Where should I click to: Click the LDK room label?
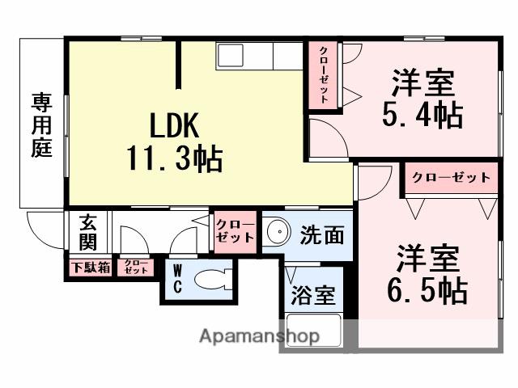172,127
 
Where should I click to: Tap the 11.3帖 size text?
174,158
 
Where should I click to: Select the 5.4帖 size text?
423,116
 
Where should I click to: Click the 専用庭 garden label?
41,126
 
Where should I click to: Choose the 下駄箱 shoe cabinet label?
90,268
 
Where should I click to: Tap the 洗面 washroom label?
322,235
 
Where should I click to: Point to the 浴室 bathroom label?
312,295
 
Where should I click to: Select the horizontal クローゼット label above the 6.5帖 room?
451,177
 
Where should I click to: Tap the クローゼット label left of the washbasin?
236,231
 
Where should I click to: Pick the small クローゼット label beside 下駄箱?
136,268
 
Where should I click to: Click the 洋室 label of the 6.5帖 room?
427,259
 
